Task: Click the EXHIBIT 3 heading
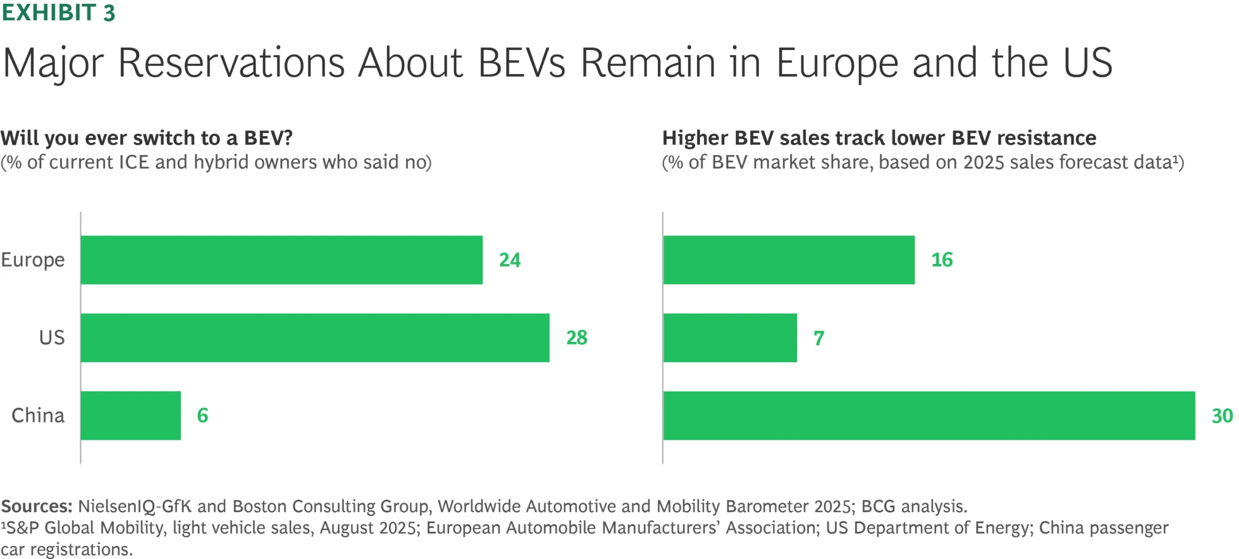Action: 58,13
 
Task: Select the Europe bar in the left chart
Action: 281,260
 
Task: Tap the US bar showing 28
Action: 315,338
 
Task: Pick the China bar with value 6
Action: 131,416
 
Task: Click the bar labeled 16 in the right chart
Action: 789,260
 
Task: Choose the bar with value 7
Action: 730,338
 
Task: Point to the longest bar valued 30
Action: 929,416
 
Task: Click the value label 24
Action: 510,260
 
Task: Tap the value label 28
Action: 576,338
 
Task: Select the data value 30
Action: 1222,416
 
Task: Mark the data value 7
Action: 818,338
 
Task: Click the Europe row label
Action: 33,260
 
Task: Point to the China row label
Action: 38,416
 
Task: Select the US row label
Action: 52,338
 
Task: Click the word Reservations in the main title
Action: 231,63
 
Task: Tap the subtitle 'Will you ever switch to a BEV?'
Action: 147,138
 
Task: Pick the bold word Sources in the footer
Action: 36,506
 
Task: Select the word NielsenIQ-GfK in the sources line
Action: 135,506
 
